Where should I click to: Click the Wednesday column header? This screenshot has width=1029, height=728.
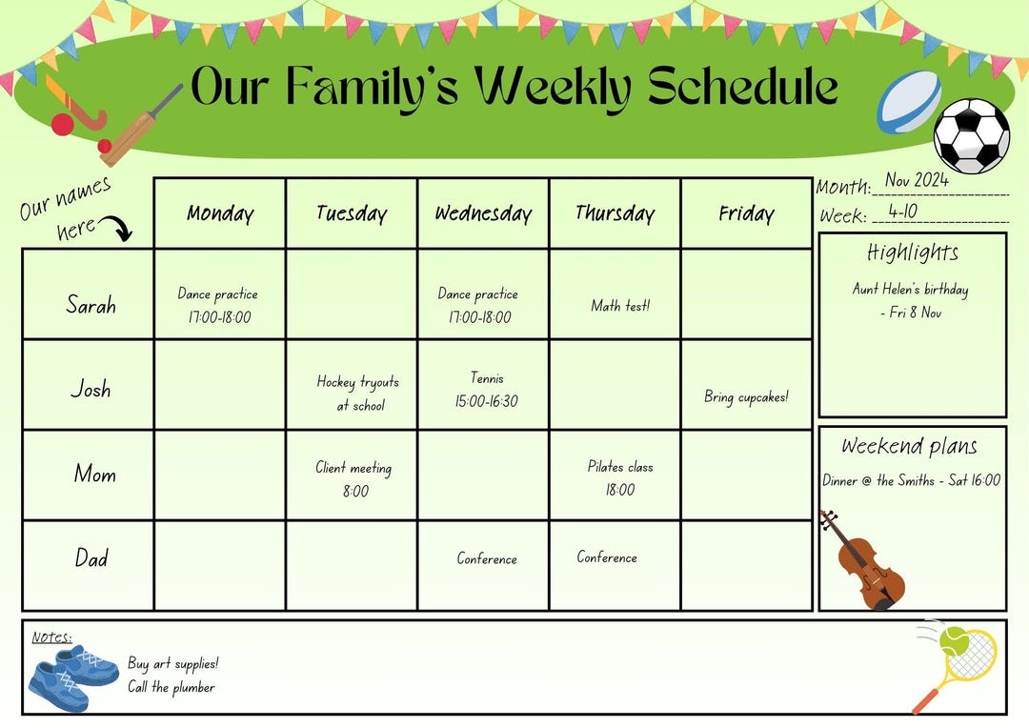click(483, 213)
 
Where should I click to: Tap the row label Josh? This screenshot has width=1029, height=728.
click(91, 389)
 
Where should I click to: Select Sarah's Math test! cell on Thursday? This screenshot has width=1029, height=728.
click(620, 306)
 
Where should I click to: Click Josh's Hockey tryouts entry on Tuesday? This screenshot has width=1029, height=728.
click(357, 393)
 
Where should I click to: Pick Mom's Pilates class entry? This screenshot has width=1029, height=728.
click(619, 477)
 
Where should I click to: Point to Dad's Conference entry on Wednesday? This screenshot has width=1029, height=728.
click(487, 559)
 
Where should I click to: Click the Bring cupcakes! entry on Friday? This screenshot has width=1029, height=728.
click(746, 396)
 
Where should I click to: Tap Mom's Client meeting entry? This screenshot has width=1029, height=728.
click(353, 478)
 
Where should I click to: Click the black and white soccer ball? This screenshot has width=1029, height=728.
click(971, 136)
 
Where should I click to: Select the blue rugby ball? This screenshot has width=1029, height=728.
click(908, 102)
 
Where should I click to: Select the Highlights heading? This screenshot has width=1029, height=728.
click(913, 253)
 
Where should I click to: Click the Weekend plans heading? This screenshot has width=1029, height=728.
click(909, 446)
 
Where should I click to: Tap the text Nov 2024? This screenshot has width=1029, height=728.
click(917, 180)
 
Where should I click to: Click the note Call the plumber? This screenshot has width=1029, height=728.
click(171, 687)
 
